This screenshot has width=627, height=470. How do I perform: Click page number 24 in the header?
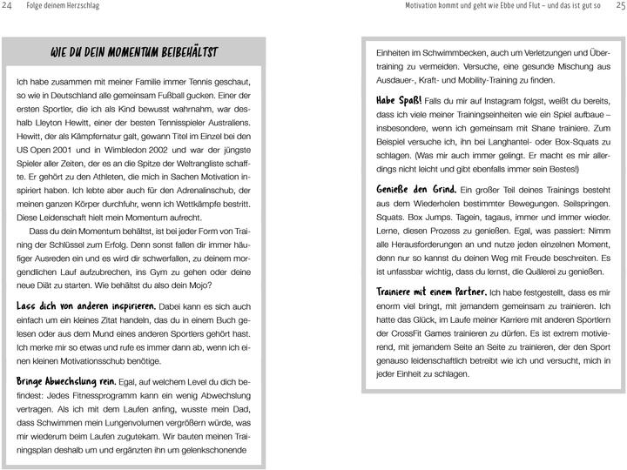[9, 7]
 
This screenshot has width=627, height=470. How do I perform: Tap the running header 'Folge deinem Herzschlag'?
[64, 7]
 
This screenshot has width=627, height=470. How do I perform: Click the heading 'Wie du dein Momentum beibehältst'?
[134, 53]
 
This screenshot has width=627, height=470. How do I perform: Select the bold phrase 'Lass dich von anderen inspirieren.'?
[86, 306]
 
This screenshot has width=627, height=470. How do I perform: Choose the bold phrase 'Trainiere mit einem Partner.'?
[431, 292]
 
